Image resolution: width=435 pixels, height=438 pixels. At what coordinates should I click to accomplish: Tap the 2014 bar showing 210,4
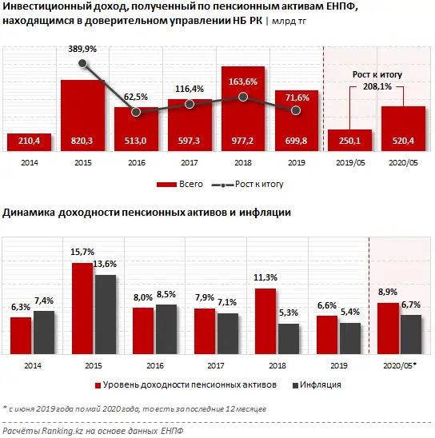pyautogui.click(x=29, y=141)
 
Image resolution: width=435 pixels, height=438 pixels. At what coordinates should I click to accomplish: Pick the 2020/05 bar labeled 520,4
pyautogui.click(x=402, y=129)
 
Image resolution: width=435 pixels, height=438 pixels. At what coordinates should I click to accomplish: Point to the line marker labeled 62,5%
pyautogui.click(x=136, y=112)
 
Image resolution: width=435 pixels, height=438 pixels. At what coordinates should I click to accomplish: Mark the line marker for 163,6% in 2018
pyautogui.click(x=244, y=98)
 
